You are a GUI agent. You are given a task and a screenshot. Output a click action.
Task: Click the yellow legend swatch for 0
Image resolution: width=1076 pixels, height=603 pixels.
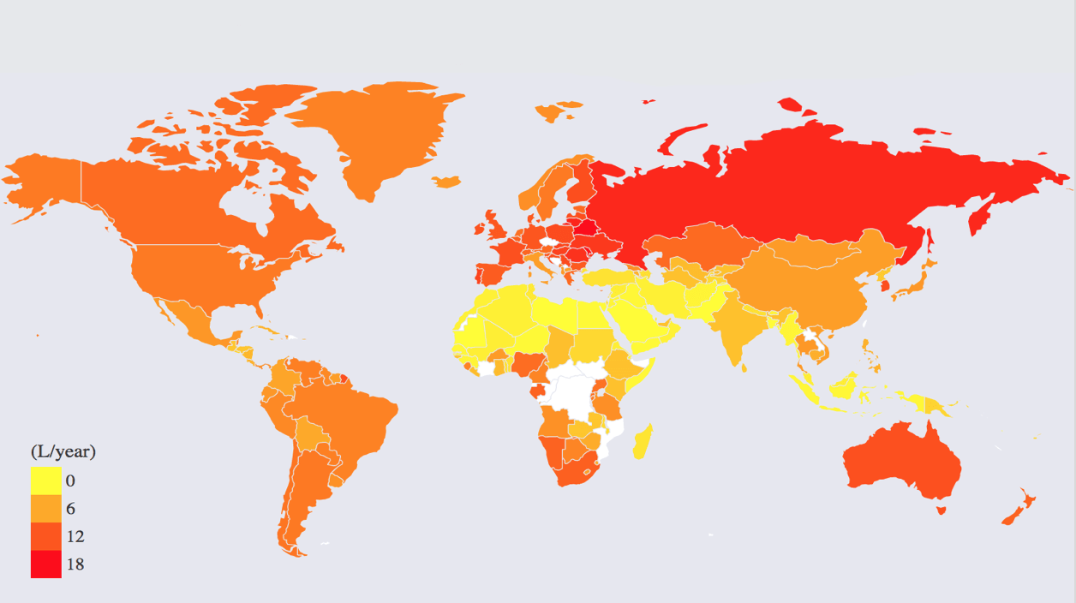pyautogui.click(x=45, y=481)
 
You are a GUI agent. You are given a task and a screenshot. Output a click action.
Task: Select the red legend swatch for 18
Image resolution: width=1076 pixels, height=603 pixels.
pyautogui.click(x=45, y=564)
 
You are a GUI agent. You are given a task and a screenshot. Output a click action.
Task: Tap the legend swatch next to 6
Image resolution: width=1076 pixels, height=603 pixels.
pyautogui.click(x=45, y=509)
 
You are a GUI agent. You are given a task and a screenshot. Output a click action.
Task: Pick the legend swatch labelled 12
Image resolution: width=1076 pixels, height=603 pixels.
pyautogui.click(x=45, y=536)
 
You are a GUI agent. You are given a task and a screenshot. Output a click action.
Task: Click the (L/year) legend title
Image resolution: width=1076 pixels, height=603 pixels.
pyautogui.click(x=63, y=451)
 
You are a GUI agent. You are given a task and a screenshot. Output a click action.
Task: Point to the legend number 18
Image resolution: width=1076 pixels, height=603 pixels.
pyautogui.click(x=75, y=564)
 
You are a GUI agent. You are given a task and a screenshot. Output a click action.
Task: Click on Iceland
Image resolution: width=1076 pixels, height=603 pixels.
pyautogui.click(x=446, y=182)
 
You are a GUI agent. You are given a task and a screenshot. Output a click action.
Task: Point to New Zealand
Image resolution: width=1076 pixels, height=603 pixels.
pyautogui.click(x=1019, y=510)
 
